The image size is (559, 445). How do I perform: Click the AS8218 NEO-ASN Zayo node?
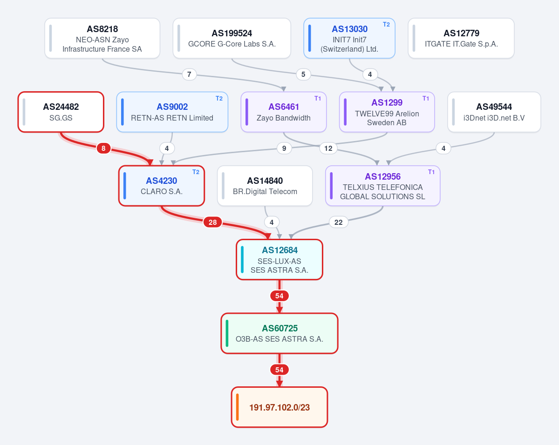102,38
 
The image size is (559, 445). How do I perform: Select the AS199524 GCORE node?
232,38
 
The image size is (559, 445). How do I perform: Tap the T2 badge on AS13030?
386,24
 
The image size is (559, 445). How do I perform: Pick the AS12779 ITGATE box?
461,38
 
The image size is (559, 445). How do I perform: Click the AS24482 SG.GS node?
61,112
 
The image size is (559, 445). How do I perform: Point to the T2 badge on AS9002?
219,98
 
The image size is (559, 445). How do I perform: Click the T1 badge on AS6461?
317,98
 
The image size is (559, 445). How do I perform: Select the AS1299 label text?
387,102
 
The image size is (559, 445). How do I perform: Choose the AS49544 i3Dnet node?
494,112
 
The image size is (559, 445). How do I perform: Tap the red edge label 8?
103,148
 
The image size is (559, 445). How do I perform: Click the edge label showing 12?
328,148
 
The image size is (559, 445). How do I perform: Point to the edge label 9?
284,148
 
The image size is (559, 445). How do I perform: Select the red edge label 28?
213,222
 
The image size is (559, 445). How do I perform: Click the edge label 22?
339,222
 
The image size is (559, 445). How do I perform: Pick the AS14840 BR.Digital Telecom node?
265,186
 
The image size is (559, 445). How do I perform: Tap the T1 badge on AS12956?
431,172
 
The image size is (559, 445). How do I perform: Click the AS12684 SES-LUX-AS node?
279,260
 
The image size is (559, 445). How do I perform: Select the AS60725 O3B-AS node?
279,333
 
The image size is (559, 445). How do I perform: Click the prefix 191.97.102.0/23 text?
279,407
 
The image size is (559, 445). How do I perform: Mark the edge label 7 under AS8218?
189,74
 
